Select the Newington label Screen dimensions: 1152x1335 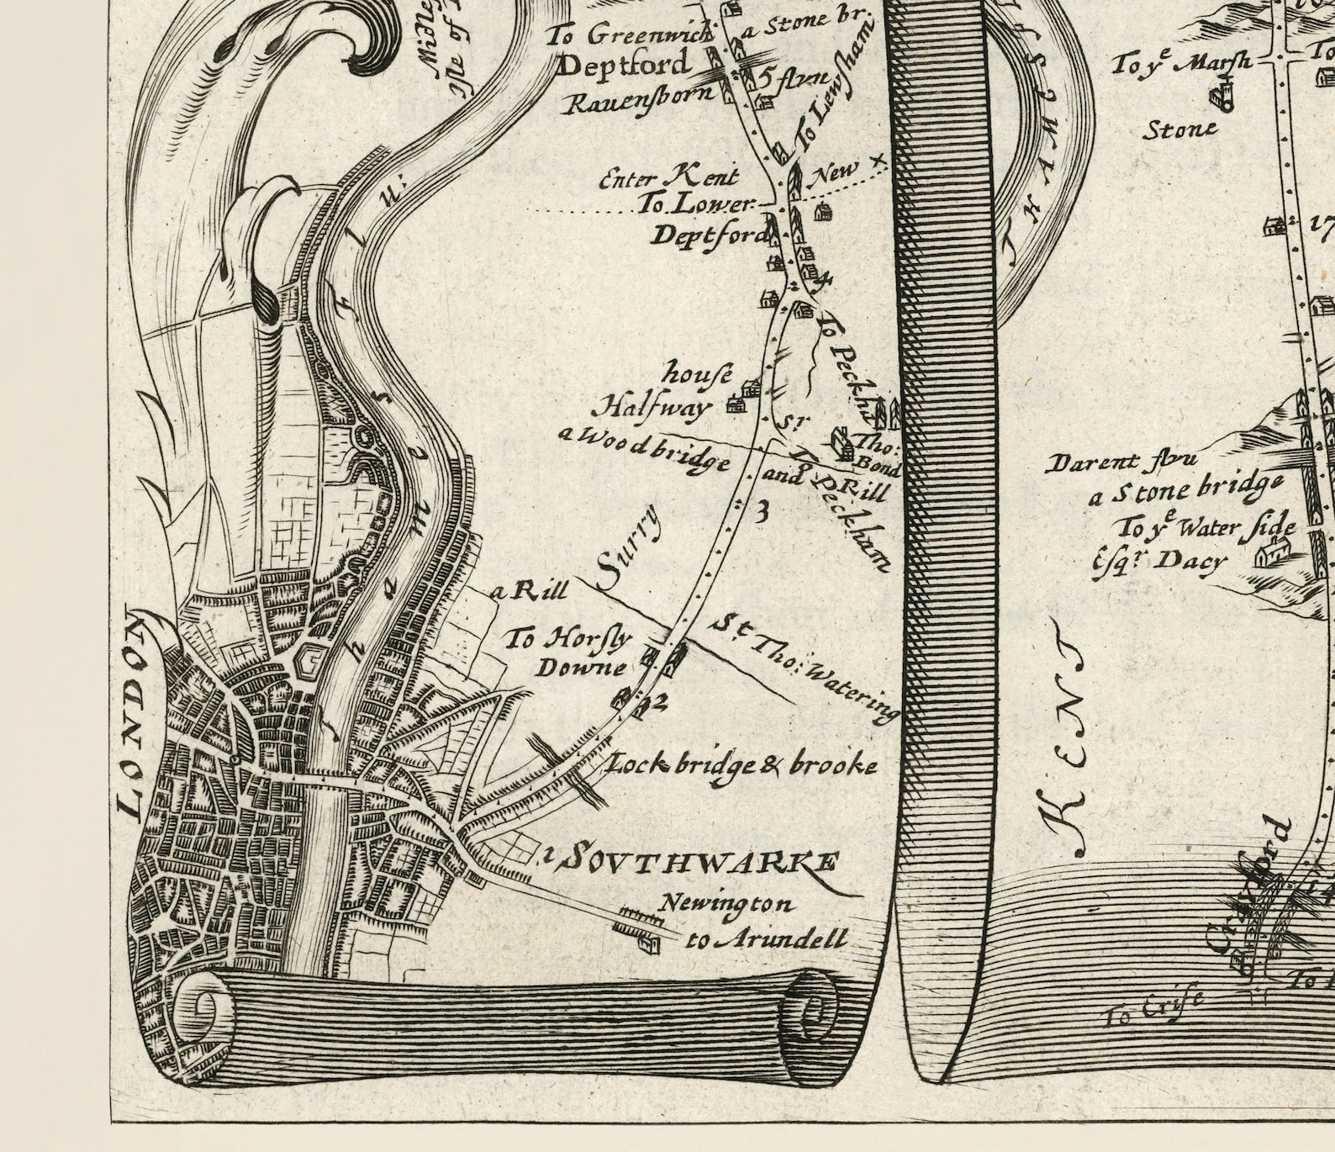tap(726, 904)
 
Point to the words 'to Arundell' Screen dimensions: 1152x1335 tap(765, 939)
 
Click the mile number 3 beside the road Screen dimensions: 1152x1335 tap(762, 512)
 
